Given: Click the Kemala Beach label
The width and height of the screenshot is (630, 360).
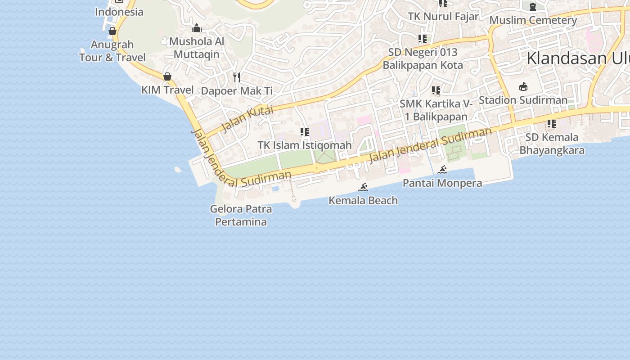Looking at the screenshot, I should (363, 201).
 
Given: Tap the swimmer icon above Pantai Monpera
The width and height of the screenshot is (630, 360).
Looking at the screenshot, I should (442, 170).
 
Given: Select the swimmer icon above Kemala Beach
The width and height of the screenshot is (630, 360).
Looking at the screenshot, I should (363, 187).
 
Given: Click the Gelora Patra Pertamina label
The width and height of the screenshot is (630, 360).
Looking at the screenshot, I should (241, 215).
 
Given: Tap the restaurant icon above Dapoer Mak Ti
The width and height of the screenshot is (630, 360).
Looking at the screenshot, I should (237, 77).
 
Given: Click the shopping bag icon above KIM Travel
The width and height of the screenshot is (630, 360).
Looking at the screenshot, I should (167, 76).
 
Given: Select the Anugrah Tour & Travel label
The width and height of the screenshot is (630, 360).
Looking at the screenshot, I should (112, 51).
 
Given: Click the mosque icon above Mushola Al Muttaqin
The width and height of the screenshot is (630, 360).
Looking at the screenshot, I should (197, 28).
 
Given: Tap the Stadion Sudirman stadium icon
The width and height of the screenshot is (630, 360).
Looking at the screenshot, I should (523, 86).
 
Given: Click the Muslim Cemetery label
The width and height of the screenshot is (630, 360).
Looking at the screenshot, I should (533, 20).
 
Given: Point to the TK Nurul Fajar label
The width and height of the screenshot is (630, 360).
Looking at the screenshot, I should (443, 17).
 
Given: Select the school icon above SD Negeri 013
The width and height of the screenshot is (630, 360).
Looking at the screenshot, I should (422, 39).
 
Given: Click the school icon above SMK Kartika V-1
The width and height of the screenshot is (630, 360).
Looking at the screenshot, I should (436, 90).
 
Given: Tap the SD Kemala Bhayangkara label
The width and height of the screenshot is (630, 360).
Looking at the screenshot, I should (552, 144).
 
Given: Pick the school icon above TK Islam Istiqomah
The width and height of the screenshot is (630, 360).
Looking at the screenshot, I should (305, 132).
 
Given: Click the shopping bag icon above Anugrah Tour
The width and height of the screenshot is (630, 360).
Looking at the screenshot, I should (112, 31).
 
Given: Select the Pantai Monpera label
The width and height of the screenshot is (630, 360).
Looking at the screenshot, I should (442, 183).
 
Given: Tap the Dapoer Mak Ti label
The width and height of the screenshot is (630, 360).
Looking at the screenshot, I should (237, 91).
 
